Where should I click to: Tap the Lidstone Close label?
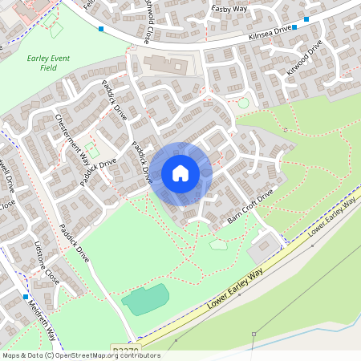pyautogui.click(x=47, y=262)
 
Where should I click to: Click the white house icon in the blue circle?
pyautogui.click(x=180, y=173)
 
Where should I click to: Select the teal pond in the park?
pyautogui.click(x=145, y=299)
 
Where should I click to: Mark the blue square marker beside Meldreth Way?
pyautogui.click(x=26, y=297)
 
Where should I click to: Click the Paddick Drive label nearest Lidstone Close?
pyautogui.click(x=73, y=244)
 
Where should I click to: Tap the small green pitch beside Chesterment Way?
pyautogui.click(x=92, y=150)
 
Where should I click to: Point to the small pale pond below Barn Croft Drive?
pyautogui.click(x=218, y=245)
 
